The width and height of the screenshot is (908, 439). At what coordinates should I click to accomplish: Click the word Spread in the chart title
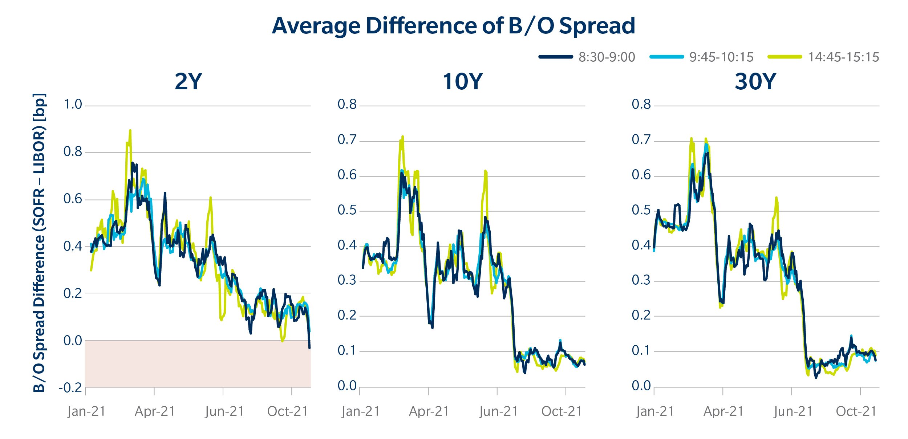click(597, 26)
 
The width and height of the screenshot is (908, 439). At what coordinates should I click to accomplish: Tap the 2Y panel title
click(188, 82)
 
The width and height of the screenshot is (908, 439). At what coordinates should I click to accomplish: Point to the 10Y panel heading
click(462, 82)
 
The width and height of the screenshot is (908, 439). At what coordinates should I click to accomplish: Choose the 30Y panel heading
click(755, 82)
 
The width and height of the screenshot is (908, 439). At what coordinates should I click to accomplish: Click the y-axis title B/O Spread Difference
click(39, 243)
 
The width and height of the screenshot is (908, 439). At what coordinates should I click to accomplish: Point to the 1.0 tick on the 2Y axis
click(73, 105)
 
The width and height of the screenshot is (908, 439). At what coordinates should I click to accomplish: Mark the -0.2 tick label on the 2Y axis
click(70, 388)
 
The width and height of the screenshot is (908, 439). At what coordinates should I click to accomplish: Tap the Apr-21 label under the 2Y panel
click(155, 411)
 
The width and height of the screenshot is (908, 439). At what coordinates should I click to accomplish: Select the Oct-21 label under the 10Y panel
click(562, 411)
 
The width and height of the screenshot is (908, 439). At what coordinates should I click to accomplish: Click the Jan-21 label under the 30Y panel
click(655, 411)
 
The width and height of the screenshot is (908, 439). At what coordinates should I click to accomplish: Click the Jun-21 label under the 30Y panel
click(793, 411)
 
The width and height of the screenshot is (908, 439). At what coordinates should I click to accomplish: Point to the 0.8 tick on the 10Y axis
click(347, 105)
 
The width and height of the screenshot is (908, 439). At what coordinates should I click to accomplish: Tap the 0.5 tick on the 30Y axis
click(641, 210)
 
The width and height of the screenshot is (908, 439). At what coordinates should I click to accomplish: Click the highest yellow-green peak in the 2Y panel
click(130, 130)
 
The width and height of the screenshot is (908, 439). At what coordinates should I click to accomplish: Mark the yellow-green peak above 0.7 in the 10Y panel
click(402, 137)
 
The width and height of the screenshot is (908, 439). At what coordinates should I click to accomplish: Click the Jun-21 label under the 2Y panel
click(224, 411)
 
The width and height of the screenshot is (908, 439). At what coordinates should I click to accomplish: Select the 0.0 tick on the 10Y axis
click(347, 386)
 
